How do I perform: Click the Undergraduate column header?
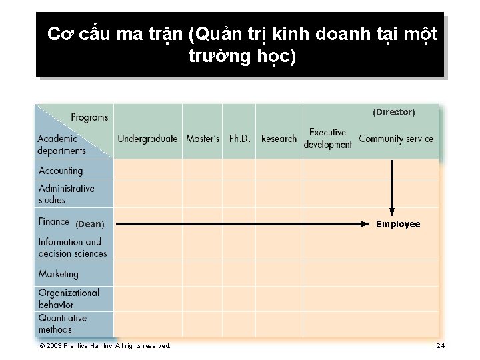tap(147, 139)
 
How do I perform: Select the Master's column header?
tap(203, 139)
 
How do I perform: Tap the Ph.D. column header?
tap(240, 139)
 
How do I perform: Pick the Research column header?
tap(279, 139)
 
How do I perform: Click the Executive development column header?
tap(327, 139)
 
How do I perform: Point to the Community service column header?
tap(396, 139)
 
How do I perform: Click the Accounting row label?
tap(61, 171)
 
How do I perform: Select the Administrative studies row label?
tap(67, 194)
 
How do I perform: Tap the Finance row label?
tap(54, 221)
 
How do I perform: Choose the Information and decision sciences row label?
tap(72, 247)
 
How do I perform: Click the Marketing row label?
tap(59, 274)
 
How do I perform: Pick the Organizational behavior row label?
tap(69, 298)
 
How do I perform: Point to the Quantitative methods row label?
tap(63, 323)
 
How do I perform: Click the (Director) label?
tap(393, 113)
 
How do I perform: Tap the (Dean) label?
tap(89, 225)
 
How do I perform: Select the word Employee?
tap(398, 225)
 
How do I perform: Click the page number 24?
tap(440, 345)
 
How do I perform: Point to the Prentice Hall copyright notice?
tap(105, 345)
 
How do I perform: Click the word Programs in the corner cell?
tap(89, 118)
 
